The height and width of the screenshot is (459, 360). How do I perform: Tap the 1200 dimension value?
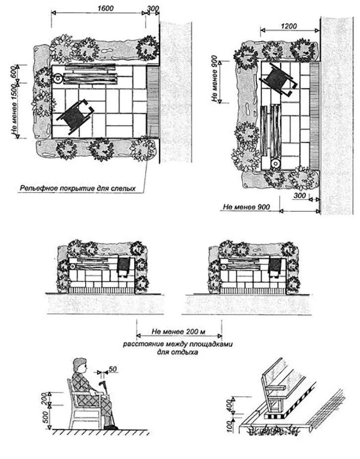click(x=290, y=25)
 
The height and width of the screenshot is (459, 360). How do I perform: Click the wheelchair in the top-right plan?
click(x=277, y=80)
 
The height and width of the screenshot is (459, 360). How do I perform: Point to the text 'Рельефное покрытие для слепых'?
click(x=77, y=188)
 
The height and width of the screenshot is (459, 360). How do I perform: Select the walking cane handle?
click(x=105, y=385)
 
